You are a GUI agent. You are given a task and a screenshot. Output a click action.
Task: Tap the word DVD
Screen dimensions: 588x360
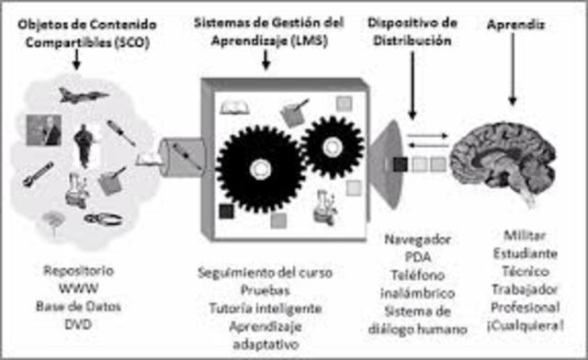click(x=77, y=322)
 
